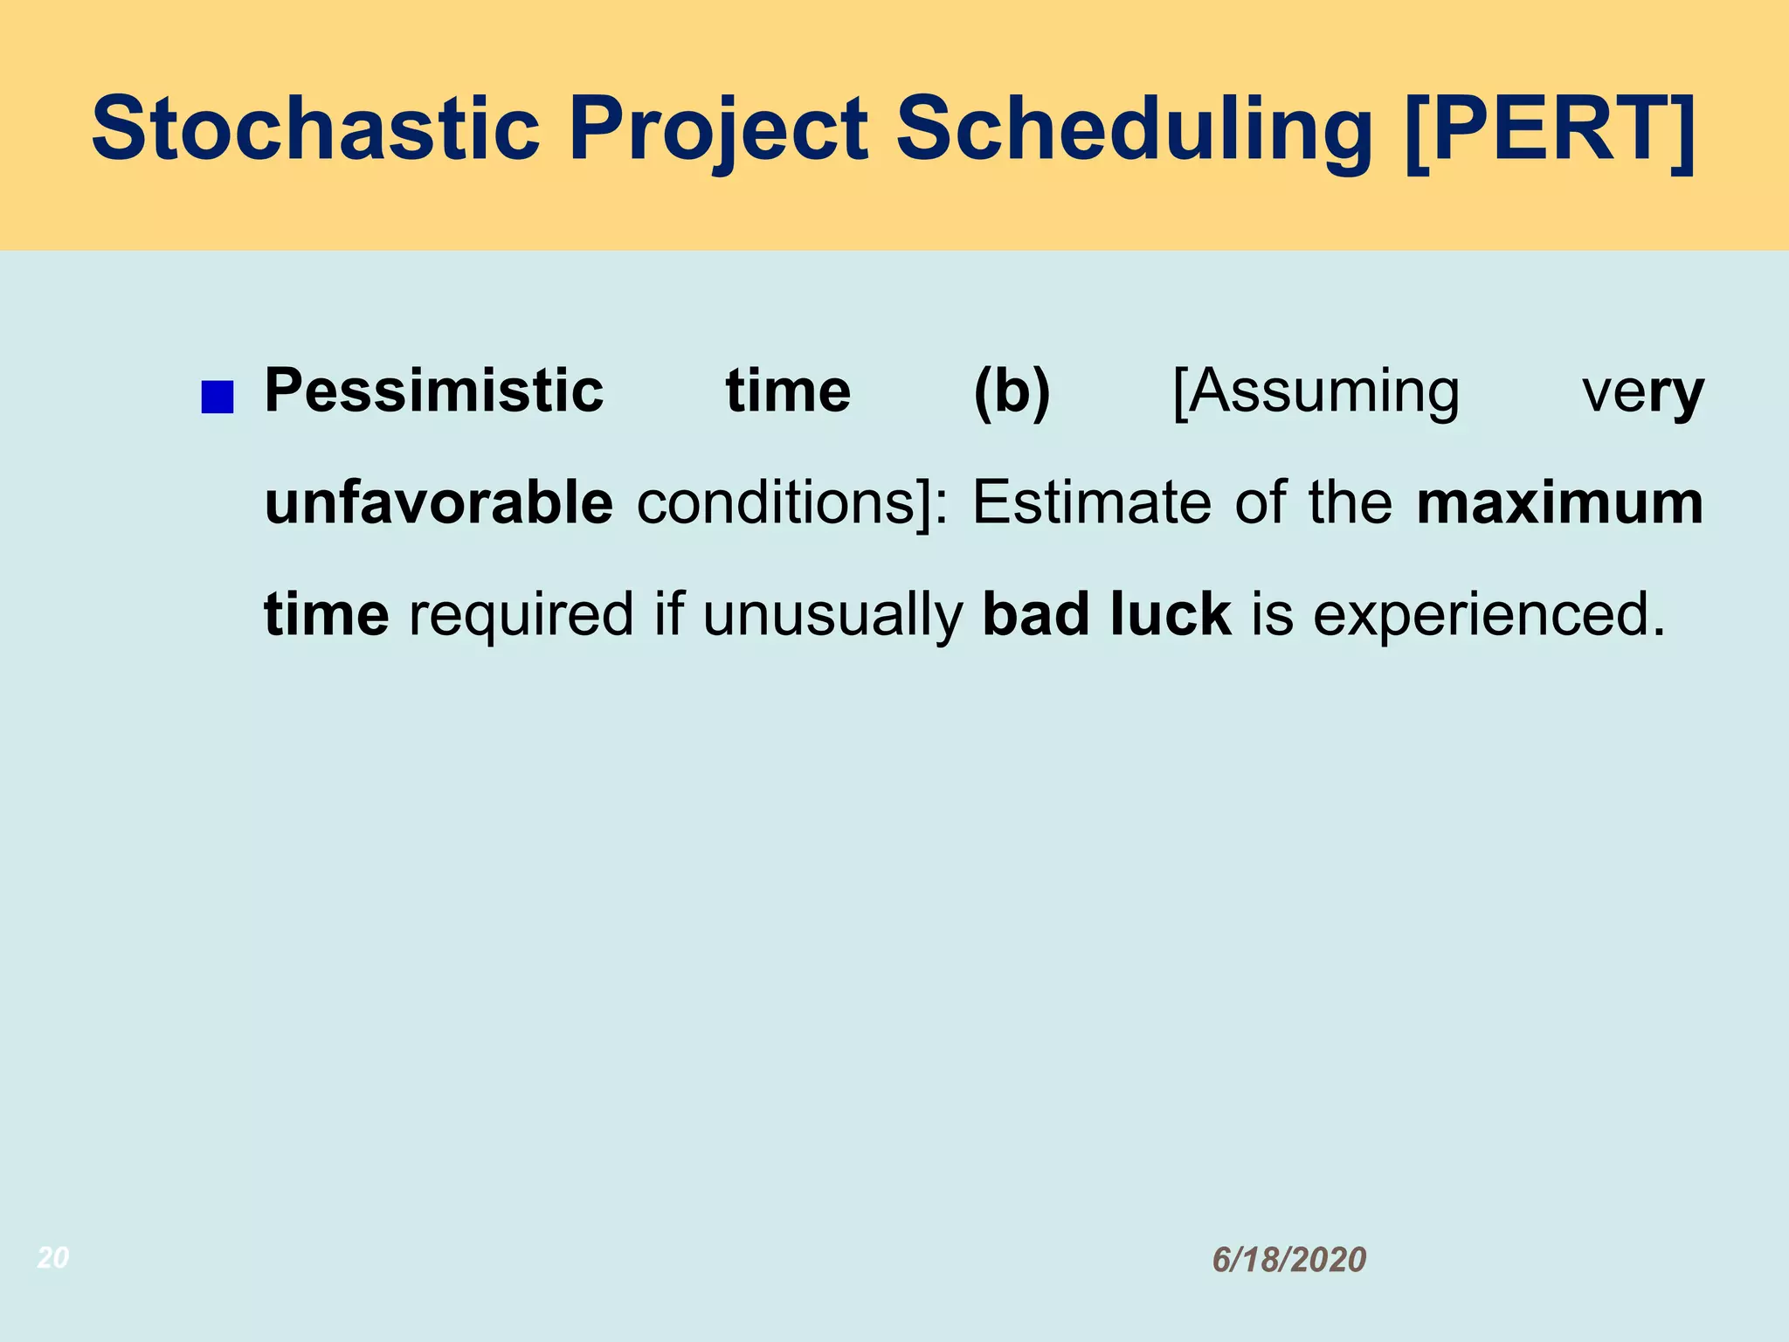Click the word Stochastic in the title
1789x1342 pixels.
click(x=315, y=129)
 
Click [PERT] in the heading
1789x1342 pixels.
click(x=1550, y=129)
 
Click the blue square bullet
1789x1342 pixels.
click(x=217, y=397)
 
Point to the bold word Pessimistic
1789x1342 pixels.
click(x=434, y=391)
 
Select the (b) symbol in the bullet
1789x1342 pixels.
click(x=1012, y=391)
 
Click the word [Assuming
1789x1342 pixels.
click(x=1316, y=391)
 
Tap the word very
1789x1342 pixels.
click(x=1642, y=392)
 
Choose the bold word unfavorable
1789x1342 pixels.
click(x=439, y=502)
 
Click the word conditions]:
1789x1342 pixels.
click(x=791, y=502)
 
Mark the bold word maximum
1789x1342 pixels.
click(x=1559, y=502)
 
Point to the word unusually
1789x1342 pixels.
click(x=832, y=614)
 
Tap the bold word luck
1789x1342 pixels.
click(x=1171, y=614)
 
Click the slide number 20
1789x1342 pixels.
click(x=53, y=1257)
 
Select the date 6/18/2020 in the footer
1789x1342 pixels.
click(x=1288, y=1260)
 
